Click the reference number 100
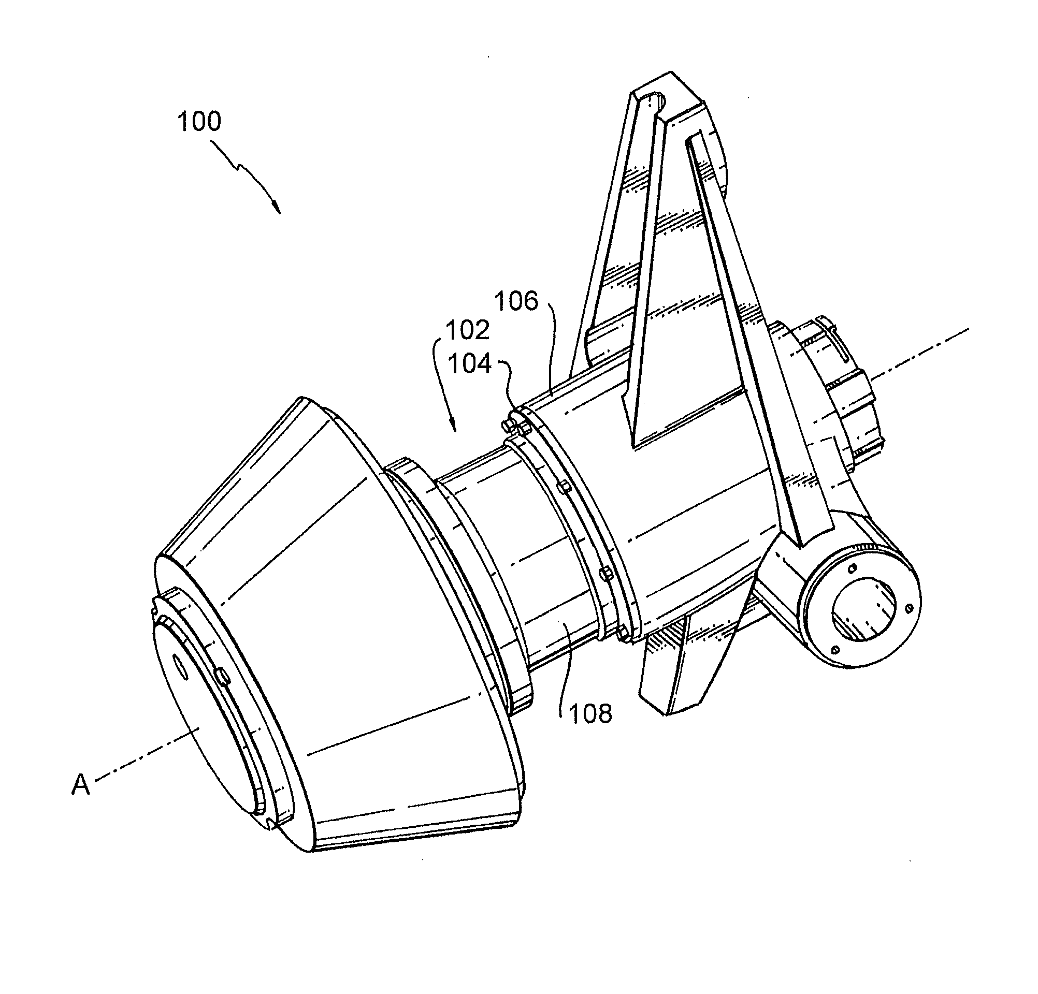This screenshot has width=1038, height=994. click(x=199, y=121)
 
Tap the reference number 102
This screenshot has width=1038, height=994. click(x=467, y=330)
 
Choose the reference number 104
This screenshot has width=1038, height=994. click(x=470, y=364)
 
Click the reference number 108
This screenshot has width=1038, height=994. click(x=590, y=714)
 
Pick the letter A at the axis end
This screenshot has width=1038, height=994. click(x=80, y=785)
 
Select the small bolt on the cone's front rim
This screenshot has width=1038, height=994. click(x=222, y=674)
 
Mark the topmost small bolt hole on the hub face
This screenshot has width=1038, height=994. click(x=852, y=569)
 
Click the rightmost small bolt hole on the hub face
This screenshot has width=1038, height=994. click(x=910, y=607)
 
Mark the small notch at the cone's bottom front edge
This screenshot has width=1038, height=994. click(x=272, y=822)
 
